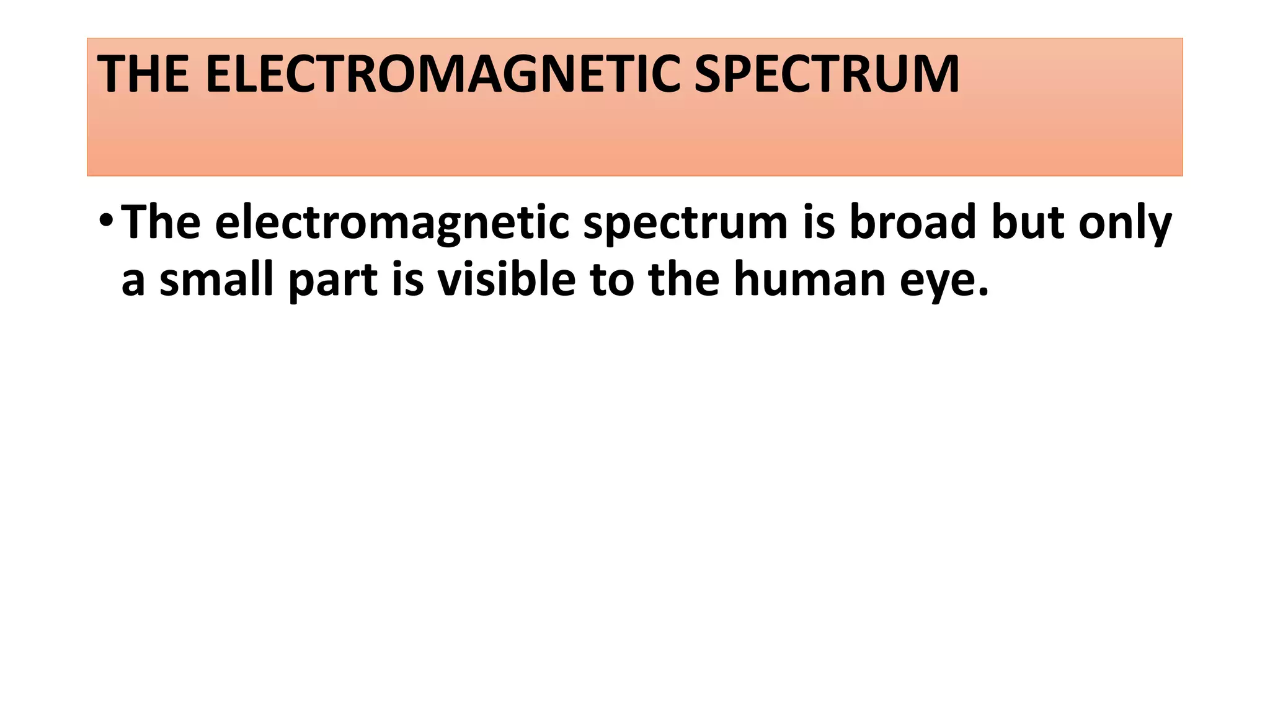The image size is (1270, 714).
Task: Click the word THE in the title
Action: [143, 75]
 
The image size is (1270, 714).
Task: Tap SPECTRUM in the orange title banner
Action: [827, 75]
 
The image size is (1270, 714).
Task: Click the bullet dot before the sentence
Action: [106, 222]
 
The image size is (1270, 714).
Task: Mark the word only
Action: [1125, 223]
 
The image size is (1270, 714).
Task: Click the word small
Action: [216, 279]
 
